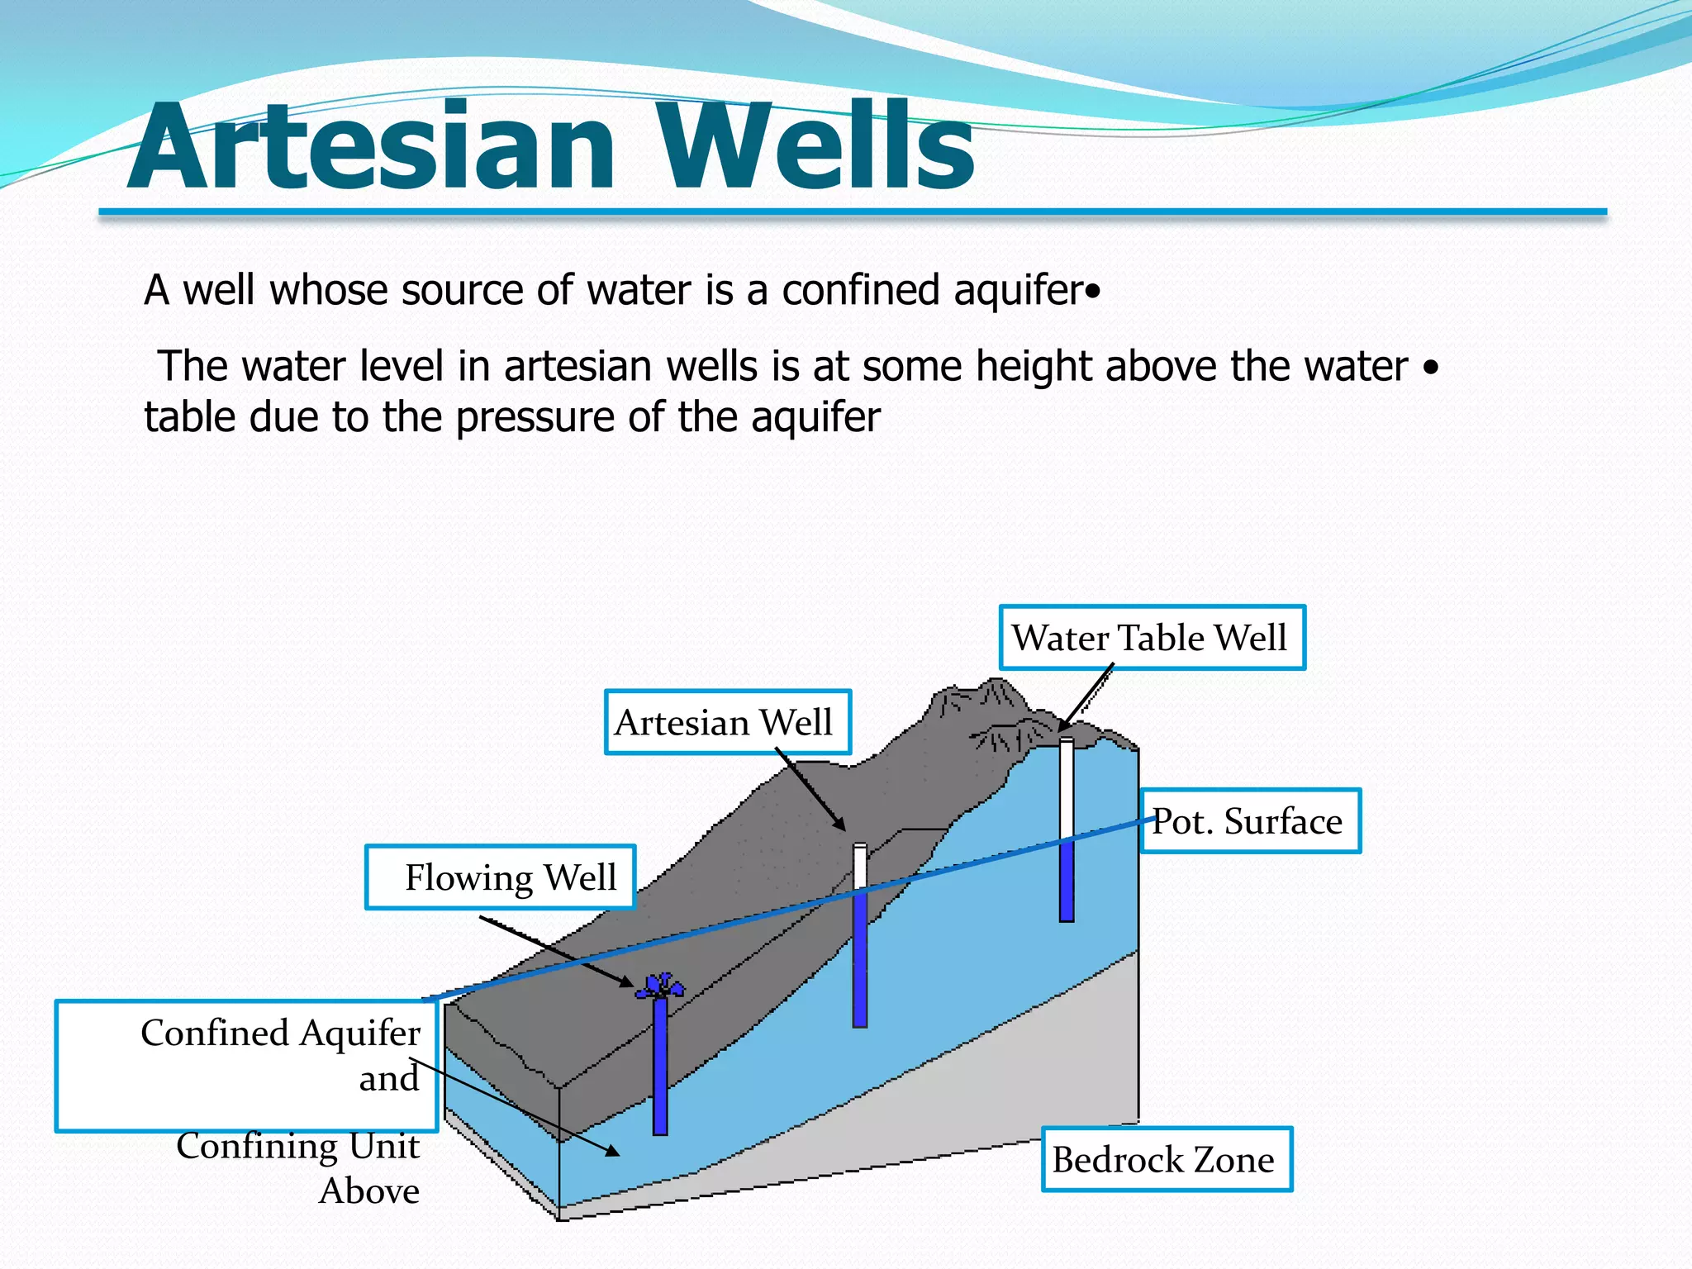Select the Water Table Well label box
point(1152,638)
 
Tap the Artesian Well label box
point(727,723)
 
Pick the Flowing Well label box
point(501,877)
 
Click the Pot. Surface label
point(1249,821)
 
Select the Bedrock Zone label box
point(1166,1160)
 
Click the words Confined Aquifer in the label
point(280,1033)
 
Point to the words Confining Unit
point(297,1146)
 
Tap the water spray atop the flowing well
point(660,985)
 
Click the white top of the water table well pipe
point(1067,785)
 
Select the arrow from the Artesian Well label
point(810,790)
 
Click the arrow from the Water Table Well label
point(1086,699)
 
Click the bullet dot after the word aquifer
point(1094,292)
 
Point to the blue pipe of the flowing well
point(660,1066)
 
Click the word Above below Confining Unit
point(369,1191)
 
